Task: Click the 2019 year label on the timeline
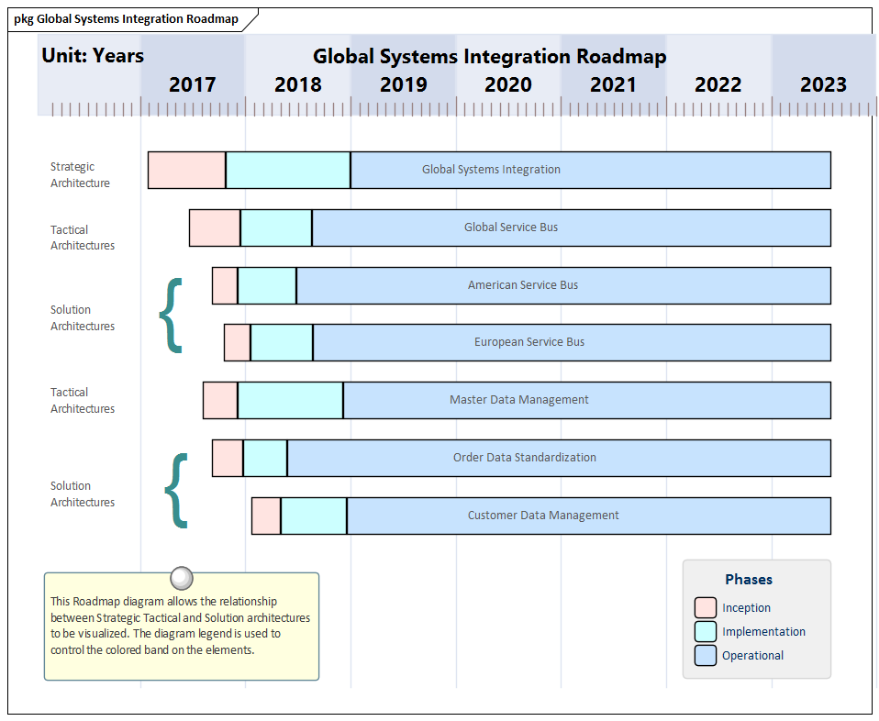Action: tap(404, 84)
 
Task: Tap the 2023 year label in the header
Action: tap(823, 84)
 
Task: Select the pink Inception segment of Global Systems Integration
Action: tap(186, 170)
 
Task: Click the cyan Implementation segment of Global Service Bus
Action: tap(276, 227)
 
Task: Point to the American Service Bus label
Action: tap(523, 285)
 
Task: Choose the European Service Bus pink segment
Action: tap(237, 342)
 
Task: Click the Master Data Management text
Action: tap(519, 400)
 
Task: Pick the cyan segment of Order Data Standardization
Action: tap(265, 458)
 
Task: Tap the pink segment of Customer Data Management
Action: tap(266, 516)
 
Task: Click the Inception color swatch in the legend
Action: tap(706, 607)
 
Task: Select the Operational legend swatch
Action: tap(706, 655)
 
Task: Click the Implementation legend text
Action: tap(763, 631)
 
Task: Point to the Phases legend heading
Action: tap(749, 579)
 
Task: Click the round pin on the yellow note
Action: tap(182, 577)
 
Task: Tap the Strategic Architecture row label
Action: tap(80, 175)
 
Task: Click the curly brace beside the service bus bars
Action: tap(172, 315)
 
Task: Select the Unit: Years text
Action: tap(93, 56)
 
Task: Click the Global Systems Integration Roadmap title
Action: tap(489, 56)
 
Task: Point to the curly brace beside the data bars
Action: tap(176, 491)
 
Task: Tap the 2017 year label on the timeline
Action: tap(193, 84)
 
